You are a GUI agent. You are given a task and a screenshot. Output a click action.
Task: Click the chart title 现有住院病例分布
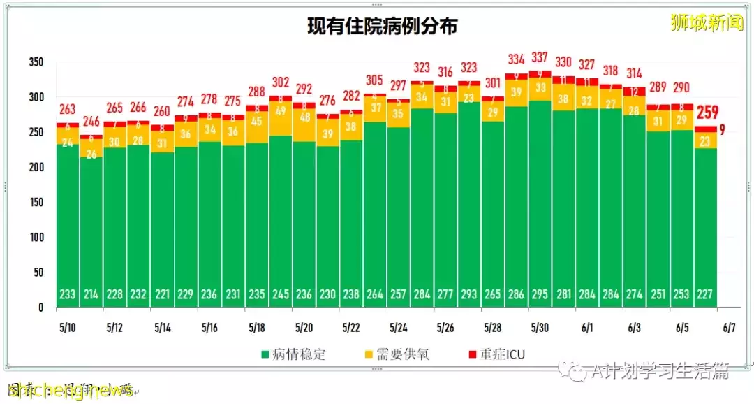pyautogui.click(x=383, y=27)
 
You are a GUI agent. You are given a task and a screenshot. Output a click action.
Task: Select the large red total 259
pyautogui.click(x=706, y=113)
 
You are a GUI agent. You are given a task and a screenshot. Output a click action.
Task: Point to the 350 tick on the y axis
pyautogui.click(x=37, y=62)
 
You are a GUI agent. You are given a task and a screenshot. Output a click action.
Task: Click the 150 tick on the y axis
pyautogui.click(x=37, y=203)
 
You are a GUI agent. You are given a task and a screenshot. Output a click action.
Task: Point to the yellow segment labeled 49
pyautogui.click(x=281, y=111)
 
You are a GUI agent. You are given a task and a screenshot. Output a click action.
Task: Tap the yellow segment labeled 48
pyautogui.click(x=304, y=117)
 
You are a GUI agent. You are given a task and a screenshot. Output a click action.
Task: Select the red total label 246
pyautogui.click(x=91, y=121)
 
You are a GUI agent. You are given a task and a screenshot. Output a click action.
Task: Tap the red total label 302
pyautogui.click(x=281, y=81)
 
